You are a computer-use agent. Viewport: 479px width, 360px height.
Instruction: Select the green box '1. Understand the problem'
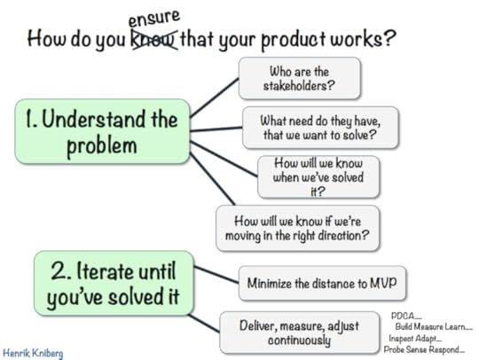pos(103,130)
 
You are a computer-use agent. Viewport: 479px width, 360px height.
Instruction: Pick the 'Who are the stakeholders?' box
pos(299,78)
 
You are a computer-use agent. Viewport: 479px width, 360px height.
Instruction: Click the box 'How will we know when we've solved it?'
pos(318,176)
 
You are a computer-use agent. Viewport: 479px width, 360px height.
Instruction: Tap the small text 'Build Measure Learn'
pos(435,326)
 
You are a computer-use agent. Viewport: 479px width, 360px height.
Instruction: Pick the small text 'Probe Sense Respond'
pos(424,349)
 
